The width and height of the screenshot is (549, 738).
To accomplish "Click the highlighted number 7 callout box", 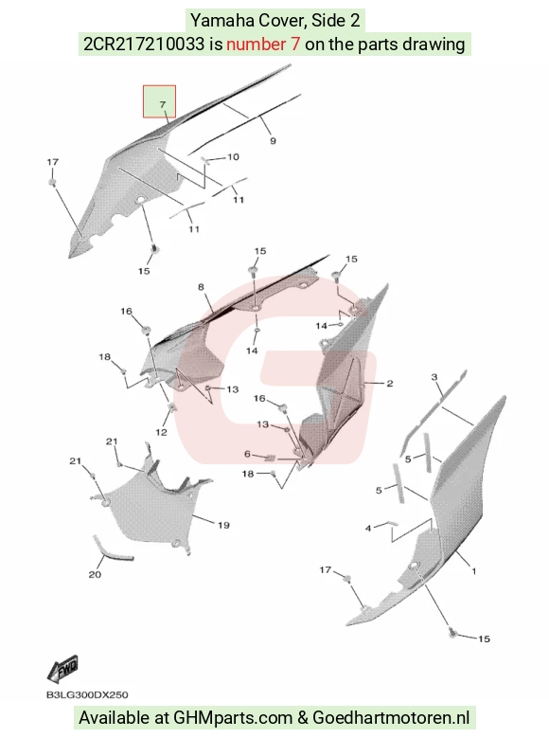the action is pyautogui.click(x=159, y=101).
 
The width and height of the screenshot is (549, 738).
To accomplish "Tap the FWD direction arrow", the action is pyautogui.click(x=63, y=669).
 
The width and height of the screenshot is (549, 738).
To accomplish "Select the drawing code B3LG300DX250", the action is pyautogui.click(x=87, y=694).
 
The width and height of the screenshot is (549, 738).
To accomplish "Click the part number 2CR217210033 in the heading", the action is pyautogui.click(x=144, y=45).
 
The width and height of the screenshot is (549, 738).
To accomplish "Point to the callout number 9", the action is pyautogui.click(x=273, y=141).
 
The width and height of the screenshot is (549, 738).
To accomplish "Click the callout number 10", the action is pyautogui.click(x=234, y=156).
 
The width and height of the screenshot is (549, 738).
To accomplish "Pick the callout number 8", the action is pyautogui.click(x=201, y=287).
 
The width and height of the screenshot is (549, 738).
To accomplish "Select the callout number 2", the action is pyautogui.click(x=390, y=384).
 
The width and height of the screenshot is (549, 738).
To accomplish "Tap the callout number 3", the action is pyautogui.click(x=434, y=377).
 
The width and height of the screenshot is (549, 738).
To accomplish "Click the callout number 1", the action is pyautogui.click(x=473, y=571).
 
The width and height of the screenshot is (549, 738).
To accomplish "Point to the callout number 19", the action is pyautogui.click(x=223, y=525).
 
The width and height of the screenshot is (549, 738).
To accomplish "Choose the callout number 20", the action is pyautogui.click(x=95, y=574).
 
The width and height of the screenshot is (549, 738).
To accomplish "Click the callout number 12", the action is pyautogui.click(x=161, y=432).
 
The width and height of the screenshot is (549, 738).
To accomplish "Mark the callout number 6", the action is pyautogui.click(x=247, y=454).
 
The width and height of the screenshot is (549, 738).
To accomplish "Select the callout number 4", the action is pyautogui.click(x=368, y=528).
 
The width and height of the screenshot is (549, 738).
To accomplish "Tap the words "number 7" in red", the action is pyautogui.click(x=263, y=45).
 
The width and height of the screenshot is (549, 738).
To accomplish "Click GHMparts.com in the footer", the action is pyautogui.click(x=233, y=718).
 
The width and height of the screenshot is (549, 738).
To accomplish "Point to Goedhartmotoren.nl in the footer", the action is pyautogui.click(x=391, y=718).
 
